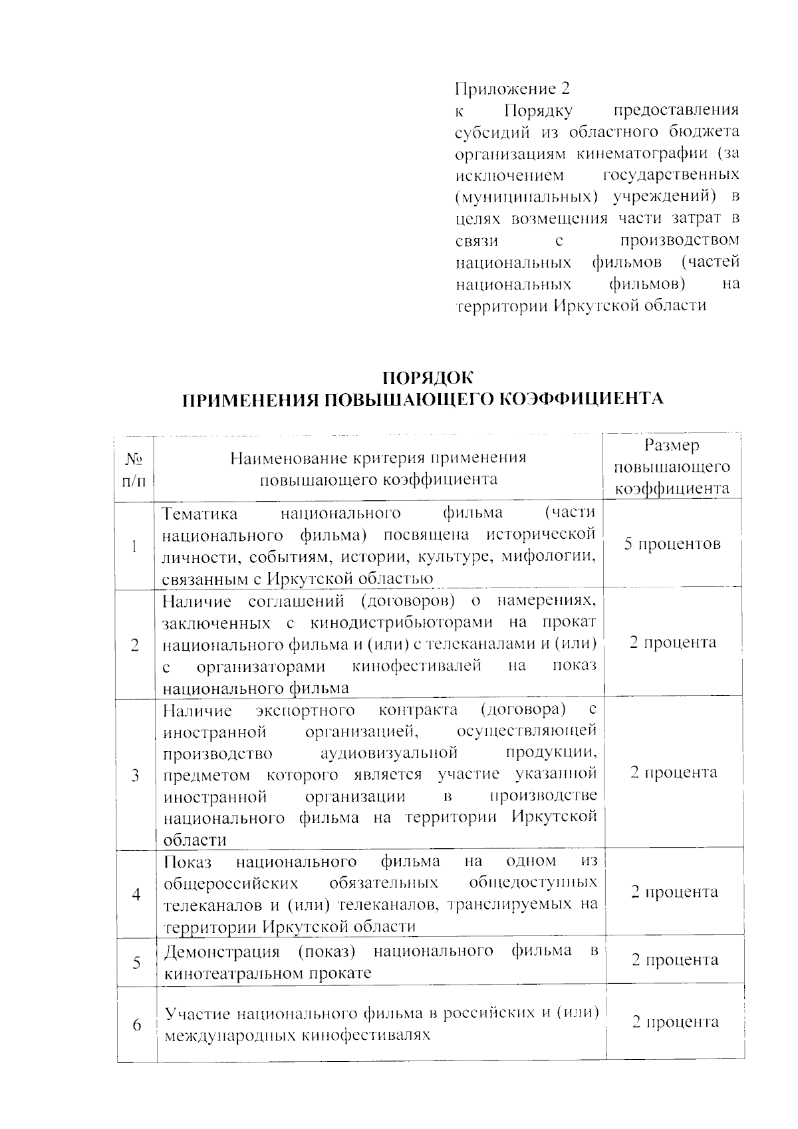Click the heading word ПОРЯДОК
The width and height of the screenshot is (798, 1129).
(x=428, y=378)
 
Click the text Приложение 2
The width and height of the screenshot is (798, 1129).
(x=512, y=88)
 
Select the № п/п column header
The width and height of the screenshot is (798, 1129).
(x=134, y=469)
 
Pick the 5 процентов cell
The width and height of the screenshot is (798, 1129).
(x=672, y=544)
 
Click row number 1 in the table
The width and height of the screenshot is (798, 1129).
(x=135, y=547)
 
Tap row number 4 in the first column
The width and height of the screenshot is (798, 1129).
(x=136, y=894)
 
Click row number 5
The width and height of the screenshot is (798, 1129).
(x=136, y=962)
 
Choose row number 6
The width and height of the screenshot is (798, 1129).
(x=136, y=1025)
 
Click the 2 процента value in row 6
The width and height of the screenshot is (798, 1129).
(x=674, y=1022)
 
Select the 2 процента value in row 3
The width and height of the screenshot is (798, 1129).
(x=673, y=772)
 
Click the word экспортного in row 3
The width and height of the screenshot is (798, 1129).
(x=305, y=711)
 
